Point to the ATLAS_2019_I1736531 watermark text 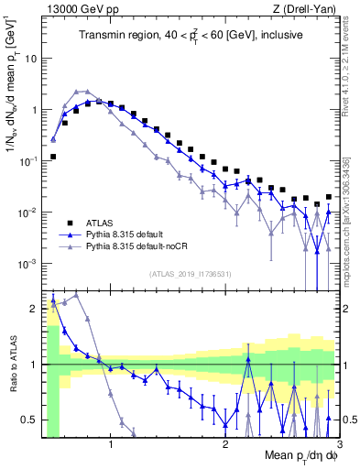[x=190, y=273]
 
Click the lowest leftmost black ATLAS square [x=53, y=157]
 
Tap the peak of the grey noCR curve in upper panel [x=85, y=91]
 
